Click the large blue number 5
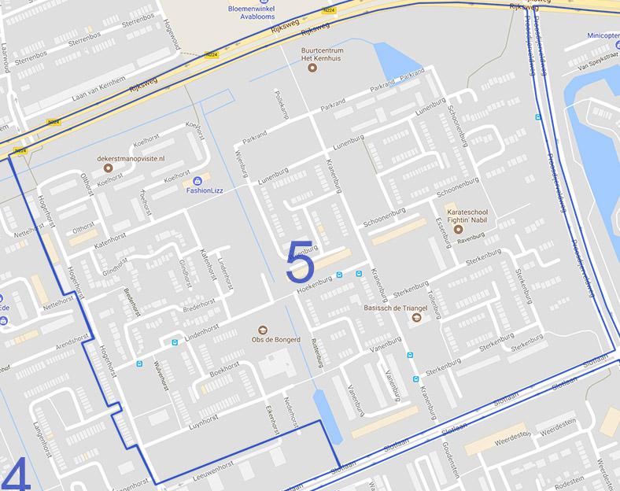[x=300, y=262]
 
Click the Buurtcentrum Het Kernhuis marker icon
[x=312, y=68]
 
